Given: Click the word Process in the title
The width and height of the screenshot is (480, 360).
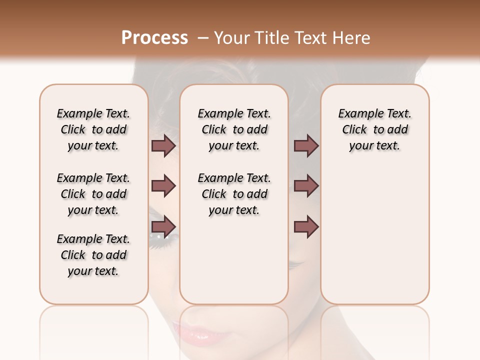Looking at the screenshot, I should tap(154, 38).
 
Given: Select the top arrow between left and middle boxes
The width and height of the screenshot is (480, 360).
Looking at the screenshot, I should tap(163, 145).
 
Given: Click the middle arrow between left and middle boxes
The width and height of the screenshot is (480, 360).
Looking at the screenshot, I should tap(163, 186).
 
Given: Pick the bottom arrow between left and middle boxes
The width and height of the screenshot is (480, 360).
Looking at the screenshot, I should tap(163, 227).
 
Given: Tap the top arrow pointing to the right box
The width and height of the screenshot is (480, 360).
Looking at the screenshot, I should tap(306, 145).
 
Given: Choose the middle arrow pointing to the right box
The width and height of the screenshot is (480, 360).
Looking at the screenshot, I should tap(306, 186).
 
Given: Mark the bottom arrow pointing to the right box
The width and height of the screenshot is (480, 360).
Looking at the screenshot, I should tap(306, 227).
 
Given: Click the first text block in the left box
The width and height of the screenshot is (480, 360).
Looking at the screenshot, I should tap(93, 129).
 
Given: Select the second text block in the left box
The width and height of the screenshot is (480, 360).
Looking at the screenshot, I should tap(93, 194).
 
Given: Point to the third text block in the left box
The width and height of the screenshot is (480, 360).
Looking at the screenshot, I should tap(93, 255).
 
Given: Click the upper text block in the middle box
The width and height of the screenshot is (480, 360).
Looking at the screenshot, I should tap(234, 129).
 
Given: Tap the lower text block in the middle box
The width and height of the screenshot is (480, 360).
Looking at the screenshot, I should tap(234, 194).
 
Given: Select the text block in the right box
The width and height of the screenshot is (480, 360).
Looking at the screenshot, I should tap(374, 129).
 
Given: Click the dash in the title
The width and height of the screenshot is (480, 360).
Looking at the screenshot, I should tap(202, 38).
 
